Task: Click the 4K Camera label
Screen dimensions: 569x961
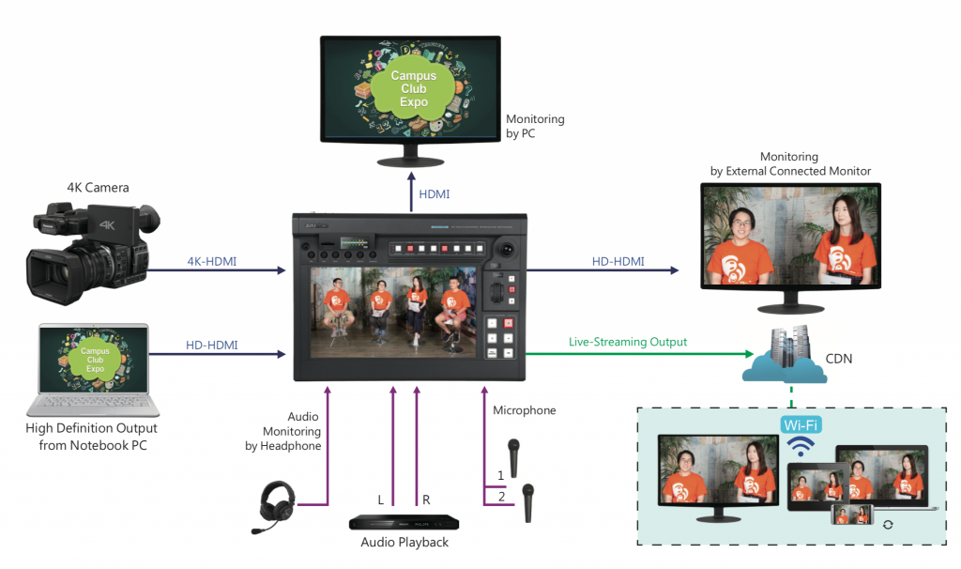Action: click(x=98, y=188)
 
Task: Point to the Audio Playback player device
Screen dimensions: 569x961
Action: click(x=404, y=522)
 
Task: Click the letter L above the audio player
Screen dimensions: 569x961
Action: click(x=381, y=500)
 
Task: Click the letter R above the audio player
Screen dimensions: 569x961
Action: click(x=426, y=500)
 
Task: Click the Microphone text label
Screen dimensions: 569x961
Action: click(x=524, y=410)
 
